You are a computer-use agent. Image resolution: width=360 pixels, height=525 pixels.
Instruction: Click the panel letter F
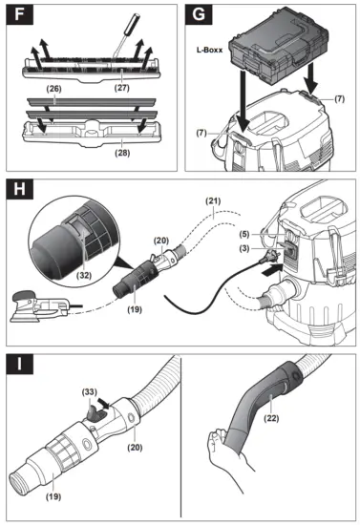coord(19,14)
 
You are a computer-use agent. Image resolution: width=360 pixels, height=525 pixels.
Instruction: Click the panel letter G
coord(199,14)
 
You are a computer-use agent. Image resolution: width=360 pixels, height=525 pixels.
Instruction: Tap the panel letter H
coord(19,189)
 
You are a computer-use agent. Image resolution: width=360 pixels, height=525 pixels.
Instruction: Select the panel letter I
coord(19,364)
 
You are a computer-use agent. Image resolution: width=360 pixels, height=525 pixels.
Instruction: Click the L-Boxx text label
coord(209,50)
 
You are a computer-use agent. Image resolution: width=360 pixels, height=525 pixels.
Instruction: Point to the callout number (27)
coord(122,88)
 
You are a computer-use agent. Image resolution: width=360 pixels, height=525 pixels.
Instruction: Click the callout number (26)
coord(53,89)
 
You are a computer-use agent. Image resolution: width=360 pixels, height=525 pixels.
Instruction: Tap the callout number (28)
coord(122,153)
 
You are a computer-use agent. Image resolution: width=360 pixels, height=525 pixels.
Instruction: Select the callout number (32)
coord(84,275)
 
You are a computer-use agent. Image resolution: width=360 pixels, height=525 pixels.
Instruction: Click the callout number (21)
coord(213,200)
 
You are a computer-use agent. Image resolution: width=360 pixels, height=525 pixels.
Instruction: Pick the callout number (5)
coord(244,235)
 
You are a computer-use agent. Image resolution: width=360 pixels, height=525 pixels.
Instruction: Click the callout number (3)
coord(244,248)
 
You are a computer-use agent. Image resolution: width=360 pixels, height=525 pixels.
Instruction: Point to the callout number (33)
coord(90,391)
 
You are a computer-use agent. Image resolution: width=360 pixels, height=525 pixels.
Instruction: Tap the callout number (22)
coord(271,418)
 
